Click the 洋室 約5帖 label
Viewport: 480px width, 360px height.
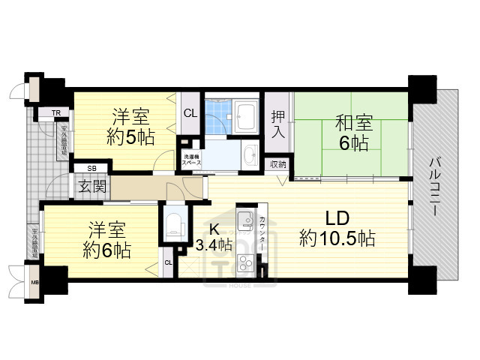pos(131,127)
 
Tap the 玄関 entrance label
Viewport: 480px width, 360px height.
pos(86,185)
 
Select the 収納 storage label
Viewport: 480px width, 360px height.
pos(277,164)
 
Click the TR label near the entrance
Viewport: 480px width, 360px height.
pos(55,114)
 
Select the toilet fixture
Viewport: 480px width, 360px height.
pos(172,223)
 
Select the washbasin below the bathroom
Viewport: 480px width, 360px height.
pos(248,156)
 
